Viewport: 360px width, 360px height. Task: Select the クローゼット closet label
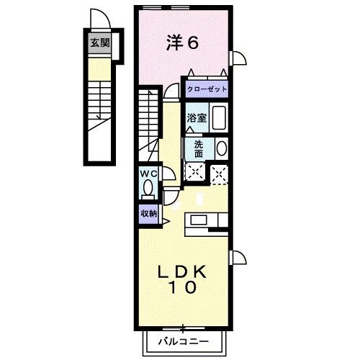tap(207, 89)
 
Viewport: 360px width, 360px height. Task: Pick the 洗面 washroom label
tap(198, 148)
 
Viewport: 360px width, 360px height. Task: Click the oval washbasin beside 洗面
tap(221, 148)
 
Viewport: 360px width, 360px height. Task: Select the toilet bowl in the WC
tap(148, 189)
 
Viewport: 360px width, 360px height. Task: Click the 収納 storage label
tap(148, 213)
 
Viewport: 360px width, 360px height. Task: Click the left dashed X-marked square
tap(194, 172)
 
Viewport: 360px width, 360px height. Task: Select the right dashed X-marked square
tap(220, 172)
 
